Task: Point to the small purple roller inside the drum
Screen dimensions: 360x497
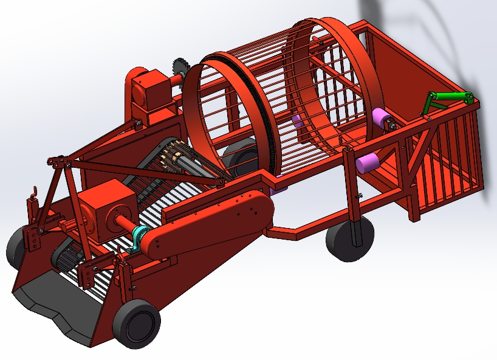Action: [298, 121]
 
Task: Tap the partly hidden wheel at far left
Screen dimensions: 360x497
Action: [15, 246]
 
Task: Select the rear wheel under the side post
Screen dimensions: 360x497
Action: [349, 239]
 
